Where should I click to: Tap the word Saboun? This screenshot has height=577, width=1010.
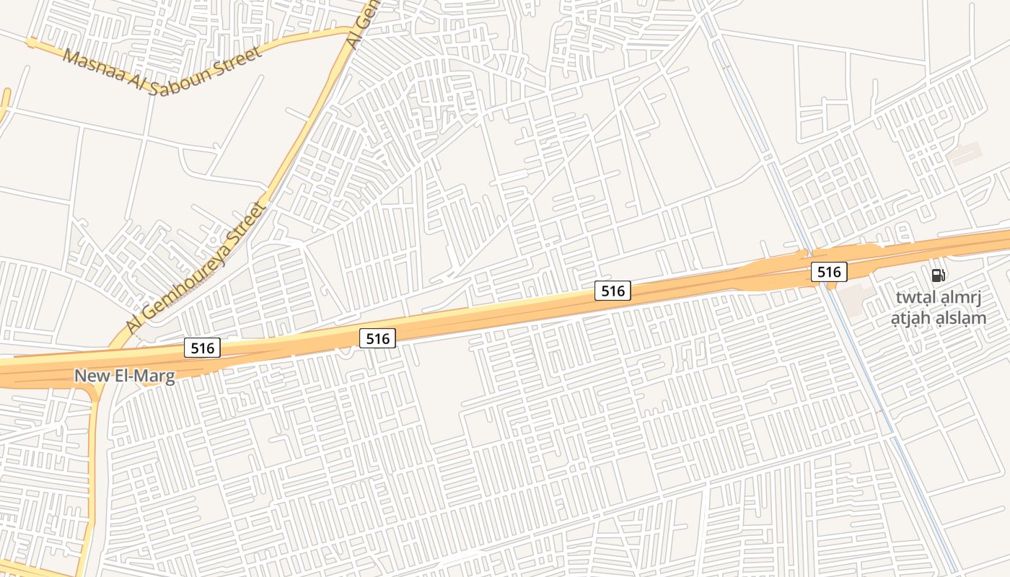pyautogui.click(x=181, y=78)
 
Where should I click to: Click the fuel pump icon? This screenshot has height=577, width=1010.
pyautogui.click(x=938, y=275)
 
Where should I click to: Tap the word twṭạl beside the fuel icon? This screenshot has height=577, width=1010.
pyautogui.click(x=915, y=298)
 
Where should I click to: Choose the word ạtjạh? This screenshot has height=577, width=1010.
pyautogui.click(x=912, y=318)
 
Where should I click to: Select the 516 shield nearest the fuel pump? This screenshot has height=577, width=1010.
pyautogui.click(x=829, y=272)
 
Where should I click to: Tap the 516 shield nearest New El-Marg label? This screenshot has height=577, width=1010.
pyautogui.click(x=203, y=348)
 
